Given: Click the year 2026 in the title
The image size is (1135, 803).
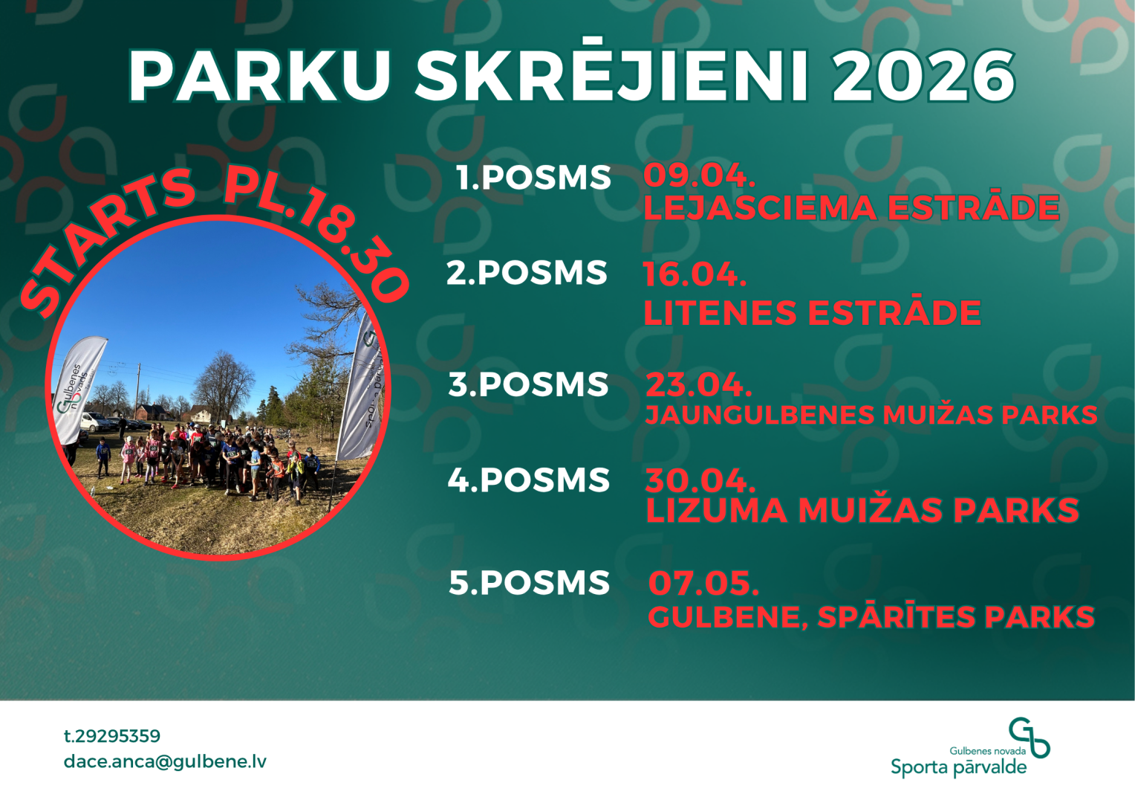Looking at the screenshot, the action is tap(923, 77).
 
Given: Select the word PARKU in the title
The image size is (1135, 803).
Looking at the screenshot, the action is tap(259, 77).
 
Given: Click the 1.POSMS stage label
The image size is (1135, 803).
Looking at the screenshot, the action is tap(533, 178).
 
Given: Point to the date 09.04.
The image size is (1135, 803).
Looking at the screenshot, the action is tap(699, 175).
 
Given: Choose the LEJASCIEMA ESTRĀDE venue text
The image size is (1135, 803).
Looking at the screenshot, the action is tap(851, 207).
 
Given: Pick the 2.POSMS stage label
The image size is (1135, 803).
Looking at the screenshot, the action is tap(527, 272).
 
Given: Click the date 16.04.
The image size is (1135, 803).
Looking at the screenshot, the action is tap(695, 274).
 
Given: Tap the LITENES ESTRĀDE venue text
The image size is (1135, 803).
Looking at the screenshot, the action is tap(812, 312).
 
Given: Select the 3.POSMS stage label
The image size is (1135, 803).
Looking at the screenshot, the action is tap(528, 384).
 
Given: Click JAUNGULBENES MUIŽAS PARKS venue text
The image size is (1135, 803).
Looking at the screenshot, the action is tap(871, 414).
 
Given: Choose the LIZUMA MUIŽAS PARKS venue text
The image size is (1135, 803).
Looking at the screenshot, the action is tap(862, 510).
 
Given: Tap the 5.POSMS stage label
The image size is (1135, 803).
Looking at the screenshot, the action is tap(529, 582).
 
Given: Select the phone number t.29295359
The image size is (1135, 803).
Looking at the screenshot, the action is tap(112, 735).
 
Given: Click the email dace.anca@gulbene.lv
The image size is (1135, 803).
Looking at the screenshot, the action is tap(165, 762).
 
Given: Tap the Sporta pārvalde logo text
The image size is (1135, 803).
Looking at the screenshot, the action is tap(959, 767).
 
